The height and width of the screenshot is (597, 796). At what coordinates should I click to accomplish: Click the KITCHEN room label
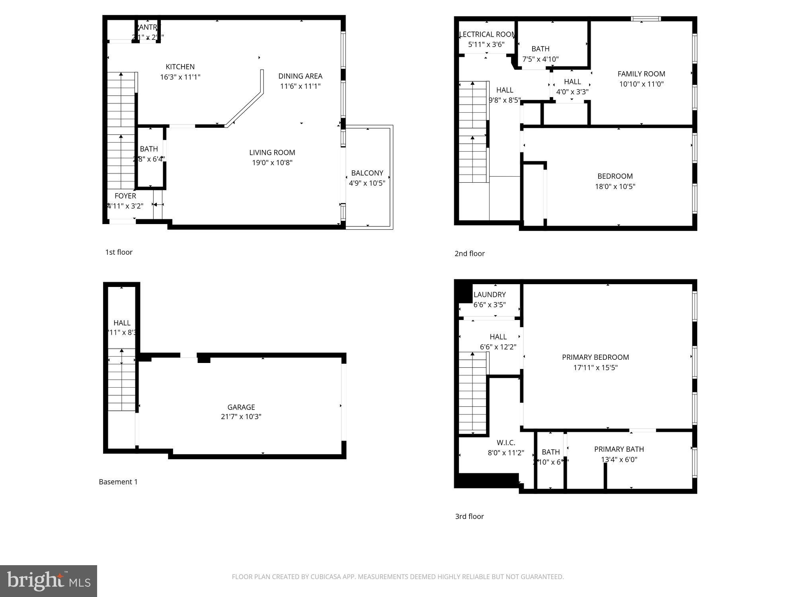180,67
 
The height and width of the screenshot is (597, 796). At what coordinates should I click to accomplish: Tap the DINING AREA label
300,76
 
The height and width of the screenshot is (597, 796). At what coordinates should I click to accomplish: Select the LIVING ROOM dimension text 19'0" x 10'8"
272,162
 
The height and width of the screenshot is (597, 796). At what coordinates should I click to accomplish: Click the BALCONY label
367,173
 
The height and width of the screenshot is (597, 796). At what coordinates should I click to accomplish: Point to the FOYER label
125,196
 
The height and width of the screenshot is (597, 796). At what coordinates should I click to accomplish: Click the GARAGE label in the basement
241,407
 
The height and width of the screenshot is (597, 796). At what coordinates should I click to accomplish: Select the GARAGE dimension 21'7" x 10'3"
241,417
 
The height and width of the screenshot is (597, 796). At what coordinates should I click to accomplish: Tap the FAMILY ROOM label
641,74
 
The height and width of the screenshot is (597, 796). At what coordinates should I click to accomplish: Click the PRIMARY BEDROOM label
595,357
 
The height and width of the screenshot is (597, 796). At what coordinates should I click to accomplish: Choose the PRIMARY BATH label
619,449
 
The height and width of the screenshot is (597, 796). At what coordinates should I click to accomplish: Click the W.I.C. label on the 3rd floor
506,443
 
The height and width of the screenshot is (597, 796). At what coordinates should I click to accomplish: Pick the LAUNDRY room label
490,295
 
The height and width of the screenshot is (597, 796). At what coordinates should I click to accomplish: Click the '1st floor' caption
119,252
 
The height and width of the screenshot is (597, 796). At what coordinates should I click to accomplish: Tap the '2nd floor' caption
470,254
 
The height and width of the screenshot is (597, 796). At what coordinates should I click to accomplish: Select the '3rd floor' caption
469,516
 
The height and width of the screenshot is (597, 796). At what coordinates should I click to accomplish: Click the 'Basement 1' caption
118,482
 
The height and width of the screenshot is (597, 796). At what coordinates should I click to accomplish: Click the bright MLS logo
49,581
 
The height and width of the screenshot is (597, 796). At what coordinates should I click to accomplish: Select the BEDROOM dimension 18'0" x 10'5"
615,186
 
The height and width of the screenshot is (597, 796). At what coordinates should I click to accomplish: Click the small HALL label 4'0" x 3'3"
572,82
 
